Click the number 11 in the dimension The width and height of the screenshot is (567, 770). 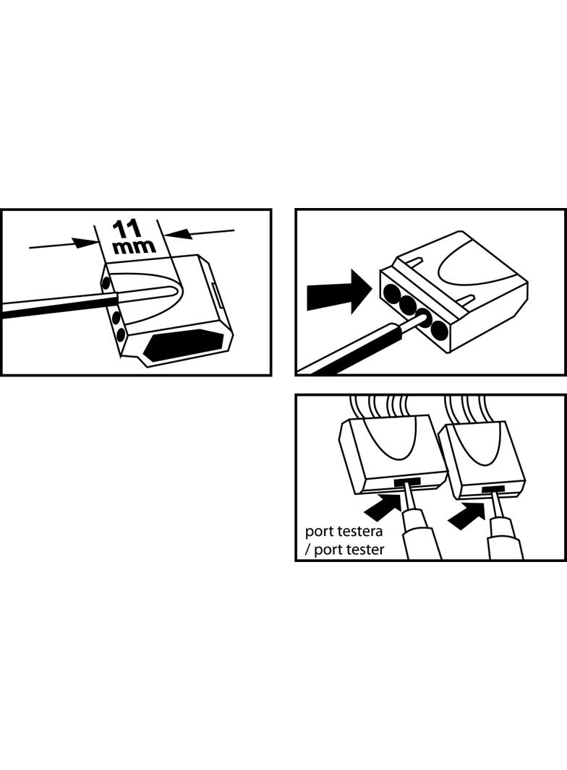127,229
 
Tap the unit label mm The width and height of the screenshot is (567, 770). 135,246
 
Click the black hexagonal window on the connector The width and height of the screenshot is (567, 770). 183,346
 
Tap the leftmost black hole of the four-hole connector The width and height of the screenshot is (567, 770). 393,294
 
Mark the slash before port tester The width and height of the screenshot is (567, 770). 308,549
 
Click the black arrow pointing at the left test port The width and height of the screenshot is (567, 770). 383,507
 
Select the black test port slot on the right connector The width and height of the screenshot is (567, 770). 493,488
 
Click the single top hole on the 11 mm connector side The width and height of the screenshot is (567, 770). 106,282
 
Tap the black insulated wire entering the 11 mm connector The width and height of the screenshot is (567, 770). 59,308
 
